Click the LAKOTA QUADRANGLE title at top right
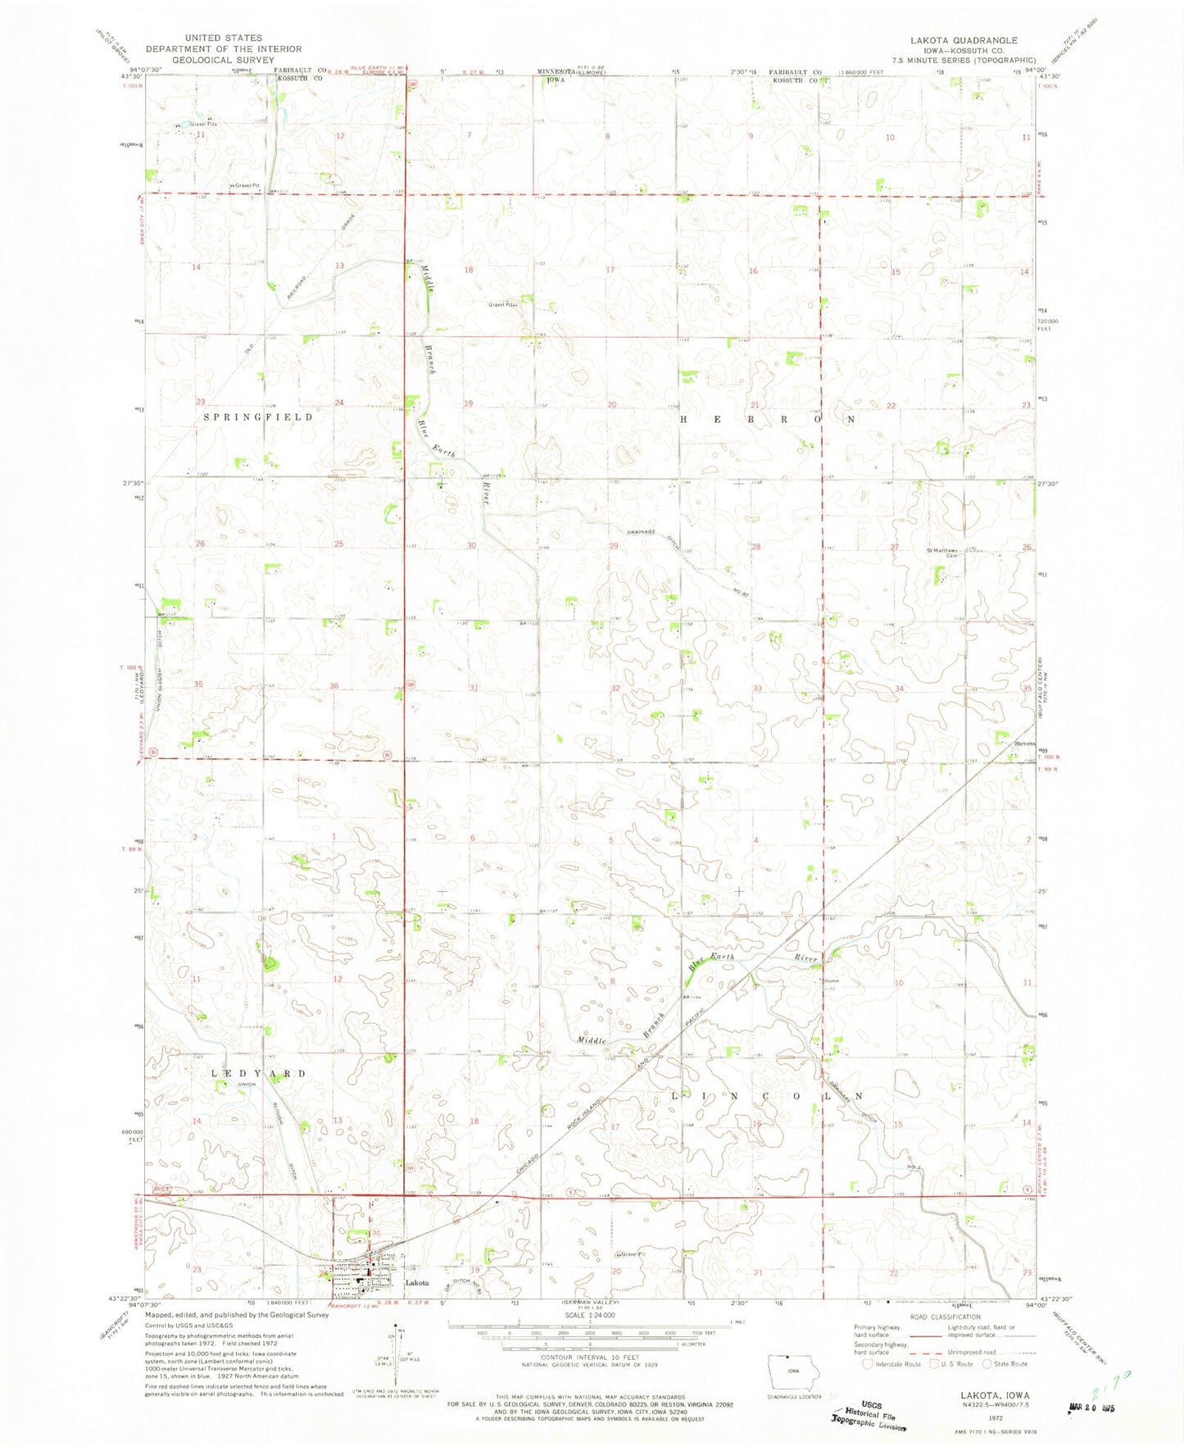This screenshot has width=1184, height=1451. click(x=963, y=40)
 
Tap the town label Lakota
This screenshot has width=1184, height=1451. click(x=417, y=1283)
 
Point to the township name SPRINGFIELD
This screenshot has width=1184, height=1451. click(x=258, y=417)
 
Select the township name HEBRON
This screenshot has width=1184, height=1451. click(x=768, y=419)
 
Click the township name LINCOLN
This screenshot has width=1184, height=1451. click(x=768, y=1096)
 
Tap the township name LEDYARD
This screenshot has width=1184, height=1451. click(x=259, y=1073)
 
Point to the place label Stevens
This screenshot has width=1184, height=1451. click(x=1024, y=744)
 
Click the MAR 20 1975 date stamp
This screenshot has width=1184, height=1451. click(x=1093, y=1408)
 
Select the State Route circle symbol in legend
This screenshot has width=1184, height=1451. click(x=987, y=1364)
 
